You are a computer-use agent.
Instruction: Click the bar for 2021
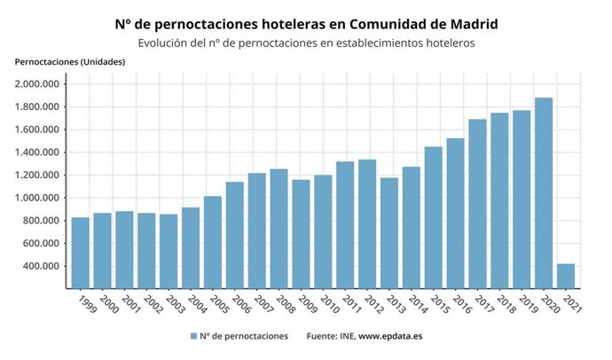point(565,276)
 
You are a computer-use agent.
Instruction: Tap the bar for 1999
point(80,253)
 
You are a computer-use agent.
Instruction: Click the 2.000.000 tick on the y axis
point(37,84)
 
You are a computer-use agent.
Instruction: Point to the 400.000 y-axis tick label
point(40,266)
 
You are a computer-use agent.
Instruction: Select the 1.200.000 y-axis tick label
point(37,176)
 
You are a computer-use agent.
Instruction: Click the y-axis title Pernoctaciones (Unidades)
point(70,61)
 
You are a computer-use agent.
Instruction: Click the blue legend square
point(193,337)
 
